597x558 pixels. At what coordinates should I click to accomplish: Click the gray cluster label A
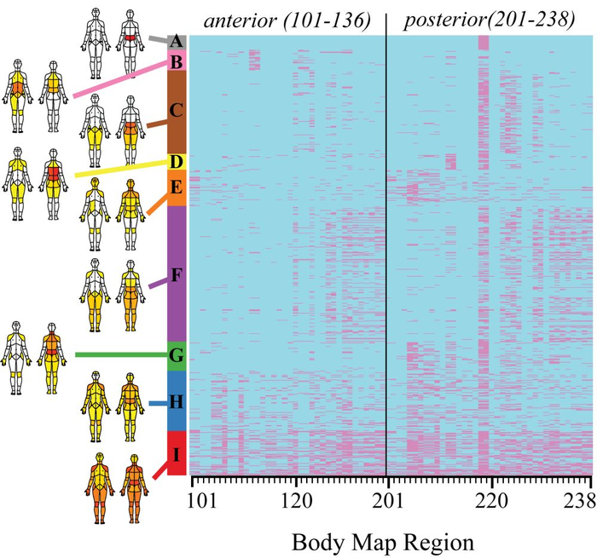coord(177,41)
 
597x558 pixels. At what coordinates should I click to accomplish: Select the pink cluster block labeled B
coord(177,60)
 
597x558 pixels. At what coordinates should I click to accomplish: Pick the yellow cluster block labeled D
coord(177,161)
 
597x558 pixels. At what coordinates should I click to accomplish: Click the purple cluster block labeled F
coord(177,273)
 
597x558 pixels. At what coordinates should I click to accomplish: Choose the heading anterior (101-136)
coord(286,19)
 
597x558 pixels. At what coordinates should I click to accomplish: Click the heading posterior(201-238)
coord(488,19)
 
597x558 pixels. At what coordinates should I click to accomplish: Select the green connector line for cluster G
coord(119,354)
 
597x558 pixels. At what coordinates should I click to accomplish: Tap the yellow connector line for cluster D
coord(119,169)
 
